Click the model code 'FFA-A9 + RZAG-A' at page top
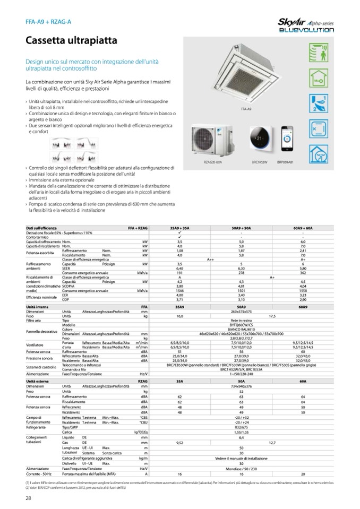tap(48, 22)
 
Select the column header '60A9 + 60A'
tap(302, 227)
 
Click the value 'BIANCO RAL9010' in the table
tap(241, 329)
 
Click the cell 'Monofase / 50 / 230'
tap(241, 469)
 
